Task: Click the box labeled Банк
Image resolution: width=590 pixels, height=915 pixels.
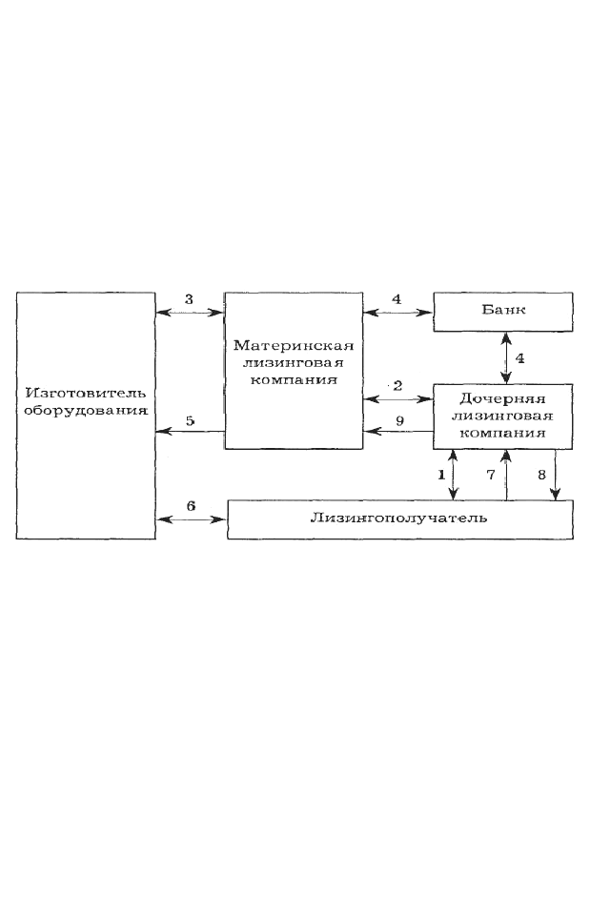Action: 502,313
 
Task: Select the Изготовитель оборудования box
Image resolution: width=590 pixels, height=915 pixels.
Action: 86,416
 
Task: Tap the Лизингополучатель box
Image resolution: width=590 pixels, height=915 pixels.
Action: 399,519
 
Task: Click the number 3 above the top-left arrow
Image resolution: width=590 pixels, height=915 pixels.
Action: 189,299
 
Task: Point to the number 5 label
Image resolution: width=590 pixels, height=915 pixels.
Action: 190,420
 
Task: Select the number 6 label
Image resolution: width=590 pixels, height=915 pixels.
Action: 191,506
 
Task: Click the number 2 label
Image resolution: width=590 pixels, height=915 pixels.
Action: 397,386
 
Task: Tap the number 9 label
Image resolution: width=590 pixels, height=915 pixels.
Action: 399,420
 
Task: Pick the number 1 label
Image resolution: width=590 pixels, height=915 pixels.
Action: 441,475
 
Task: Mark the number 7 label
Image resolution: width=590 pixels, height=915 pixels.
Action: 491,475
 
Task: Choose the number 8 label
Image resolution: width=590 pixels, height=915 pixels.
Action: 541,475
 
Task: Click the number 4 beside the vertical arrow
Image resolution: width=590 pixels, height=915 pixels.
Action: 519,358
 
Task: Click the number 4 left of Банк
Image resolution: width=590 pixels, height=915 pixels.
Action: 397,299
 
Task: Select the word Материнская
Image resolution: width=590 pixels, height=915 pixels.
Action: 294,345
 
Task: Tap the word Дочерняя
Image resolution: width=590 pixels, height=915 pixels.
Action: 502,399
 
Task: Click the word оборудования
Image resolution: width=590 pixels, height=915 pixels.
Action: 86,411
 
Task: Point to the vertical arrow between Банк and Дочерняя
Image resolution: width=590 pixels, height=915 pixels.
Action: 506,357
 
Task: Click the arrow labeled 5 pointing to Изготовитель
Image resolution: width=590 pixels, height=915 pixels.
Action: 191,431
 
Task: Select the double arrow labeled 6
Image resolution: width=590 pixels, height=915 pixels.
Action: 192,518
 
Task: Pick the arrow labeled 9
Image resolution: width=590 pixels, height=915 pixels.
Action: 398,431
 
